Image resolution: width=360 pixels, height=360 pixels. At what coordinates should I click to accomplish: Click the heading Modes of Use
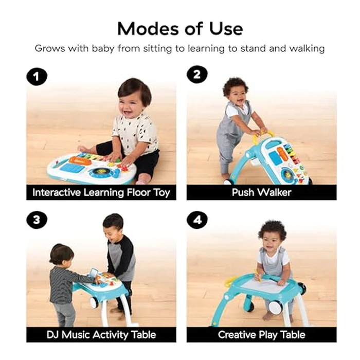(x=179, y=28)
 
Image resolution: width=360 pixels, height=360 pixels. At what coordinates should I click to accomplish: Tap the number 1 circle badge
(x=37, y=77)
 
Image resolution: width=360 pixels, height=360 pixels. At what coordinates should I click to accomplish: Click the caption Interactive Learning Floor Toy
(x=101, y=192)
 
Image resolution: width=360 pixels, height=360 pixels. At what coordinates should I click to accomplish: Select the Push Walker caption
(x=261, y=192)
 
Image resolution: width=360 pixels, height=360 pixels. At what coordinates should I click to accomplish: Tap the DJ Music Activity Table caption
(x=101, y=334)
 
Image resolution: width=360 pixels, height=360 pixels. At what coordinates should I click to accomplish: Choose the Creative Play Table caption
(x=261, y=334)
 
